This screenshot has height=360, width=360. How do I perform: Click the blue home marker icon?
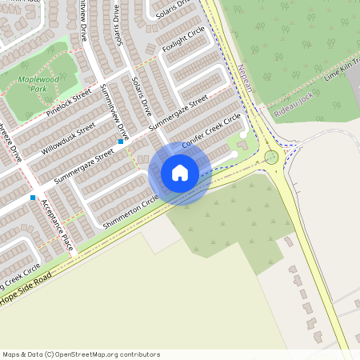click(x=179, y=173)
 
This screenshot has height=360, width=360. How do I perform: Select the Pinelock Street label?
click(x=70, y=106)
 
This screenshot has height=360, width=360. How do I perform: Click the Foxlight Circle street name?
click(x=183, y=38)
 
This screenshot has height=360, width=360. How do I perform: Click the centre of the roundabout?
click(x=272, y=156)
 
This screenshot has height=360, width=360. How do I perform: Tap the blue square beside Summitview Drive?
click(x=121, y=142)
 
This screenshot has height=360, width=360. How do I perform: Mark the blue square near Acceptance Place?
click(x=33, y=197)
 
